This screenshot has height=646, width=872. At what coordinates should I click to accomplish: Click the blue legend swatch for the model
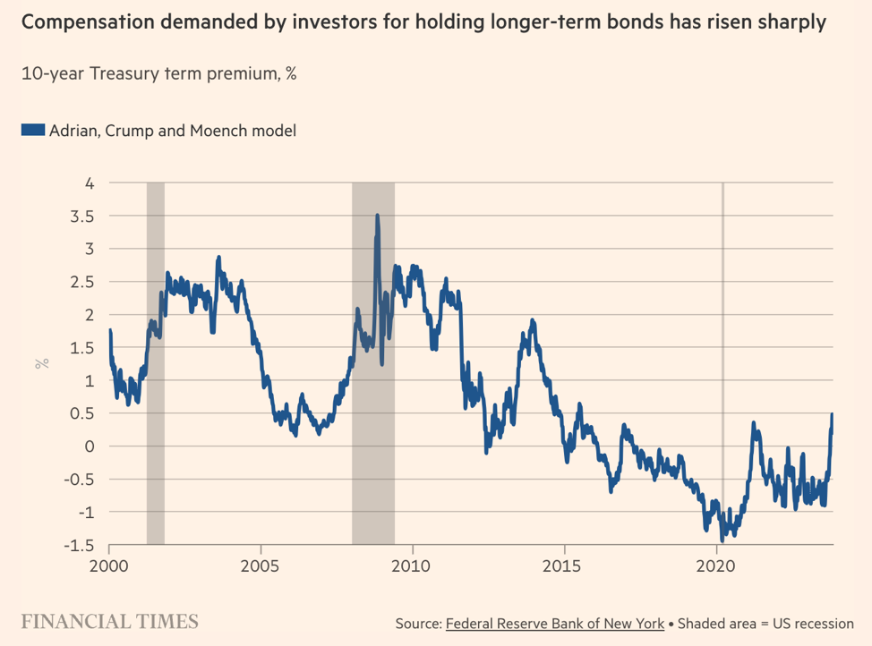pos(32,131)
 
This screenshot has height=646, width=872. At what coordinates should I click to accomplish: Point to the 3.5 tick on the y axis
pos(83,216)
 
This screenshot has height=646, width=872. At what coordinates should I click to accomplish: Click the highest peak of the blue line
pos(377,215)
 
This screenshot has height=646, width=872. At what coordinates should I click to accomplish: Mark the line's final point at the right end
pos(833,414)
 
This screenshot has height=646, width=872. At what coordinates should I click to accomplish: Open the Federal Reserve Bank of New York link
pos(554,623)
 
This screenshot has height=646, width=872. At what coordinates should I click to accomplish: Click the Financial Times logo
pos(109,621)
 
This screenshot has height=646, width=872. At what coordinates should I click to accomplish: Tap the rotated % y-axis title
pos(41,363)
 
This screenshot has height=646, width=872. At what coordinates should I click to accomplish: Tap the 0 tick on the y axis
pos(90,446)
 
